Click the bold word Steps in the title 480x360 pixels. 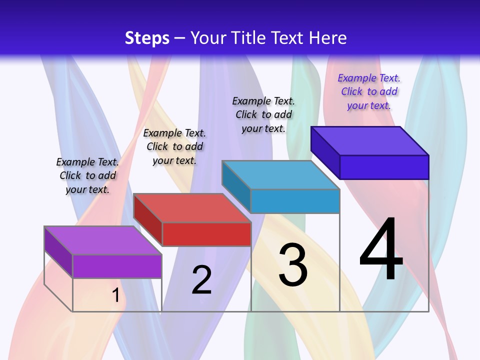pyautogui.click(x=146, y=38)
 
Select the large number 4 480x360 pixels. pyautogui.click(x=381, y=249)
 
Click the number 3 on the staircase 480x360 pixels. pyautogui.click(x=293, y=265)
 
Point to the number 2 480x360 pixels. pyautogui.click(x=201, y=280)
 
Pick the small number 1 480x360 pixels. pyautogui.click(x=115, y=295)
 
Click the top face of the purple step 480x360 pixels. pyautogui.click(x=102, y=240)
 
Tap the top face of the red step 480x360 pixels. pyautogui.click(x=191, y=208)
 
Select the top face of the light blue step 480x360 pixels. pyautogui.click(x=280, y=175)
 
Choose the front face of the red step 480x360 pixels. pyautogui.click(x=206, y=234)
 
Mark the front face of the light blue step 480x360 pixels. pyautogui.click(x=295, y=201)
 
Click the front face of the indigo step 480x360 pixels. pyautogui.click(x=384, y=167)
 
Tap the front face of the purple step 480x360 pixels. pyautogui.click(x=117, y=266)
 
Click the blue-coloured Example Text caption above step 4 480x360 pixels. pyautogui.click(x=369, y=92)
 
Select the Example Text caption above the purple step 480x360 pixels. pyautogui.click(x=87, y=175)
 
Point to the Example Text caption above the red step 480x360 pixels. pyautogui.click(x=174, y=146)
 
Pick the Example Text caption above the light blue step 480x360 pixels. pyautogui.click(x=263, y=114)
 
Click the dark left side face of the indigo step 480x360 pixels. pyautogui.click(x=325, y=152)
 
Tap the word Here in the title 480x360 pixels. pyautogui.click(x=328, y=38)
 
